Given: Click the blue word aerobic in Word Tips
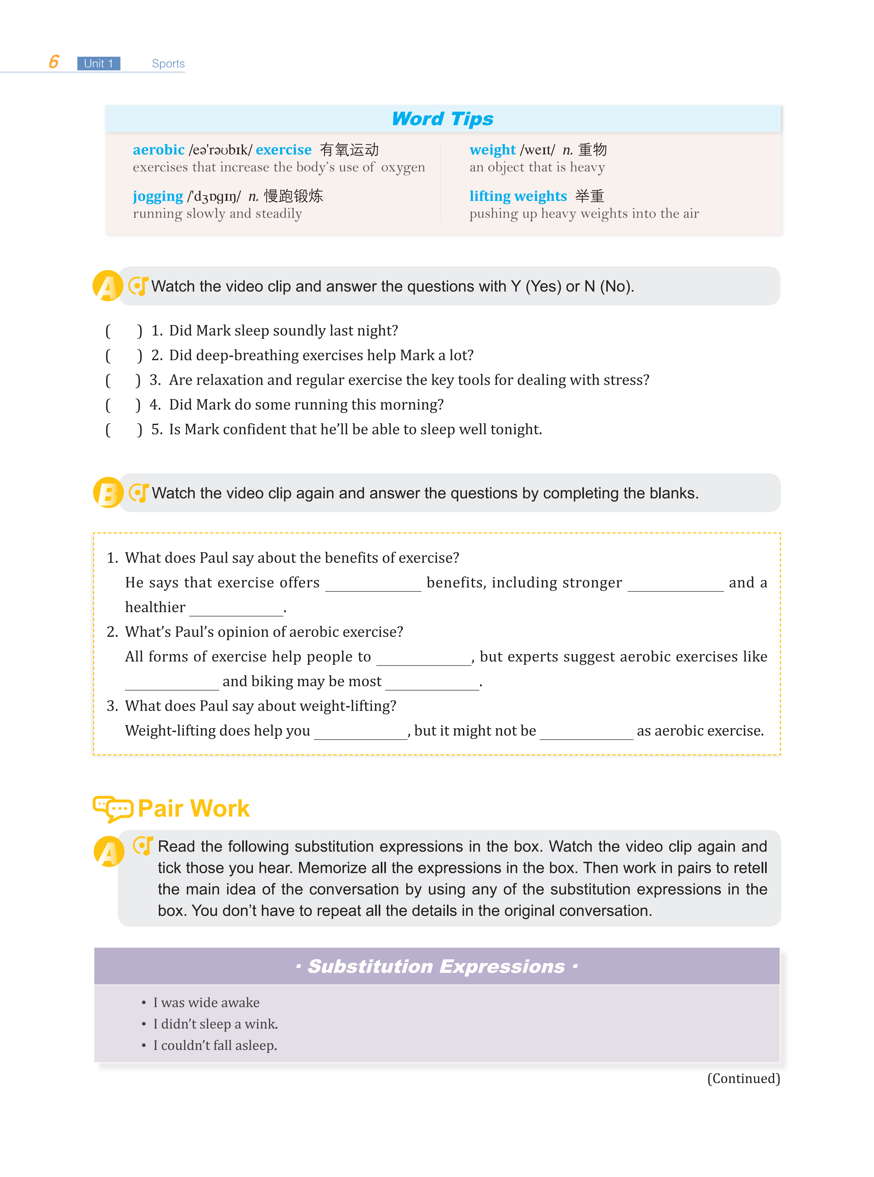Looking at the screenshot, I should [x=158, y=150].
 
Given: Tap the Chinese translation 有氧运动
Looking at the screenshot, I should [x=349, y=150].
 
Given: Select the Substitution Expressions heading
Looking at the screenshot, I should [x=436, y=966].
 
